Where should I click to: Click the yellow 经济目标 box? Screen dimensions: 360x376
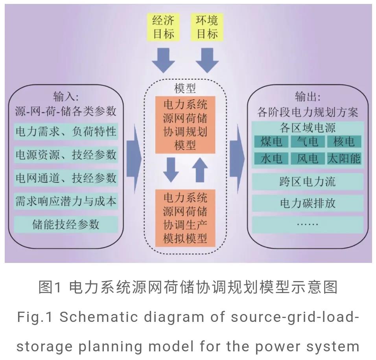coord(163,27)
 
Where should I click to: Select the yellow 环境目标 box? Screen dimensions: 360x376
coord(207,27)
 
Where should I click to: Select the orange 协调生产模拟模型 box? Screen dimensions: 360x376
coord(185,218)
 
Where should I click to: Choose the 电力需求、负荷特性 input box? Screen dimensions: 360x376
coord(66,132)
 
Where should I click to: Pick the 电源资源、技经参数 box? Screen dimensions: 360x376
coord(66,155)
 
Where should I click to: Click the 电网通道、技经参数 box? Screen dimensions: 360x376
coord(66,178)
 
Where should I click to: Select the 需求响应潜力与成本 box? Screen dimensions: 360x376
coord(66,201)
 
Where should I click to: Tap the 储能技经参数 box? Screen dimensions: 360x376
coord(66,224)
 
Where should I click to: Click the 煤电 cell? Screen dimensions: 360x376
coord(271,141)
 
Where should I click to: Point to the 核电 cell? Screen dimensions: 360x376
coord(344,141)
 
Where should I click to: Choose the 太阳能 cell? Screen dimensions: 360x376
coord(344,158)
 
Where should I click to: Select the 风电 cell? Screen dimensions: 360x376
coord(307,158)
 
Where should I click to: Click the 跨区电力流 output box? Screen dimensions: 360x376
coord(308,182)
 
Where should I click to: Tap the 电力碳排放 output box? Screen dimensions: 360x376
coord(308,203)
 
